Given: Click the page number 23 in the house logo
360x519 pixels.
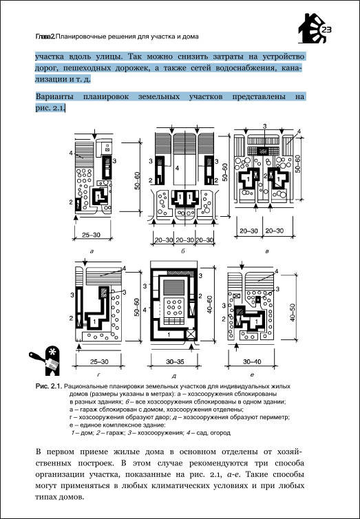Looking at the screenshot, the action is pyautogui.click(x=326, y=30).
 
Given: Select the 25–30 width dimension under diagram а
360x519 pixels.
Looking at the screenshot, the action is pyautogui.click(x=92, y=235).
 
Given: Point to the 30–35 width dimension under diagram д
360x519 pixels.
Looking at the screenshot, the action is pyautogui.click(x=175, y=362).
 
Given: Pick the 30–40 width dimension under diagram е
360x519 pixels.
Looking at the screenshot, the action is pyautogui.click(x=252, y=362).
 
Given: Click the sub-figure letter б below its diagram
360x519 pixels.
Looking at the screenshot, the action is pyautogui.click(x=182, y=251).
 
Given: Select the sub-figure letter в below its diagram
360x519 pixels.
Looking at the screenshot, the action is pyautogui.click(x=267, y=251).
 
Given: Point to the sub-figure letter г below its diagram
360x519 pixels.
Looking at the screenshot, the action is pyautogui.click(x=98, y=374).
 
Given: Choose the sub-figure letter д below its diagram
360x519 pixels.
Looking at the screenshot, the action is pyautogui.click(x=174, y=376).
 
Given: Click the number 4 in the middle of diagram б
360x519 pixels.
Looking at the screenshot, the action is pyautogui.click(x=177, y=169).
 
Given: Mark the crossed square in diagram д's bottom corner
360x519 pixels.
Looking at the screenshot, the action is pyautogui.click(x=191, y=335).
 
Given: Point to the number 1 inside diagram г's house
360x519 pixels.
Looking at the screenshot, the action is pyautogui.click(x=94, y=321).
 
